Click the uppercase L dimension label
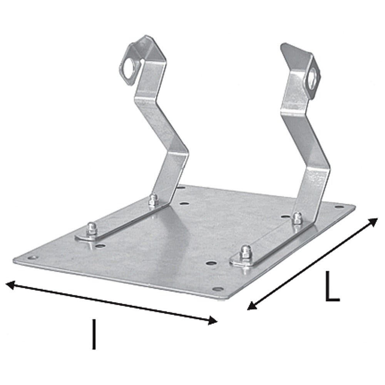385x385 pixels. pyautogui.click(x=332, y=286)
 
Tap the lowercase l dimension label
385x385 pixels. pyautogui.click(x=94, y=334)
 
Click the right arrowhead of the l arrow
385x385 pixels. pyautogui.click(x=213, y=320)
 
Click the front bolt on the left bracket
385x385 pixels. pyautogui.click(x=91, y=230)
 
